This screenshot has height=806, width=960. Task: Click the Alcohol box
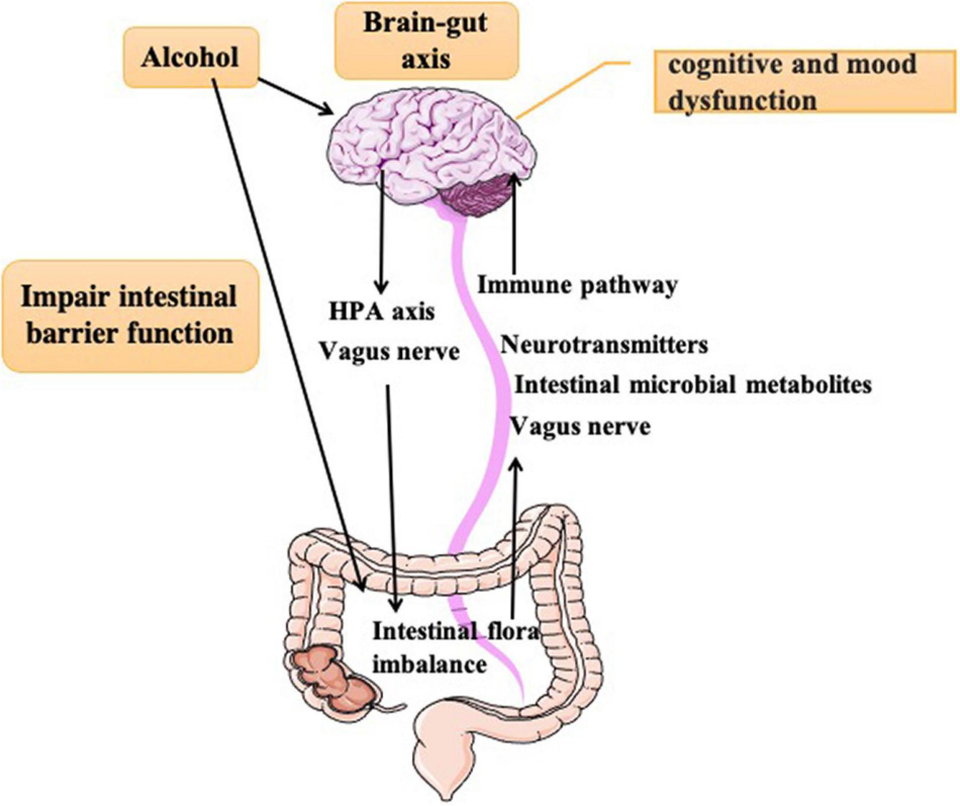point(190,58)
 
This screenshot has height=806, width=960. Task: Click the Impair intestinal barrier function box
point(129,315)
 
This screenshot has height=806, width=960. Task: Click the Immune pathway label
point(577,286)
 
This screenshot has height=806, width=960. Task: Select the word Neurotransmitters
point(604,345)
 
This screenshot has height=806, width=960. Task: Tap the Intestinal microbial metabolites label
point(692,385)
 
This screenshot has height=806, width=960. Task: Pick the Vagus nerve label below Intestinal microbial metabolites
point(580,427)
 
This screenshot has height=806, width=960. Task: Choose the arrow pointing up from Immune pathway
point(515,229)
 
